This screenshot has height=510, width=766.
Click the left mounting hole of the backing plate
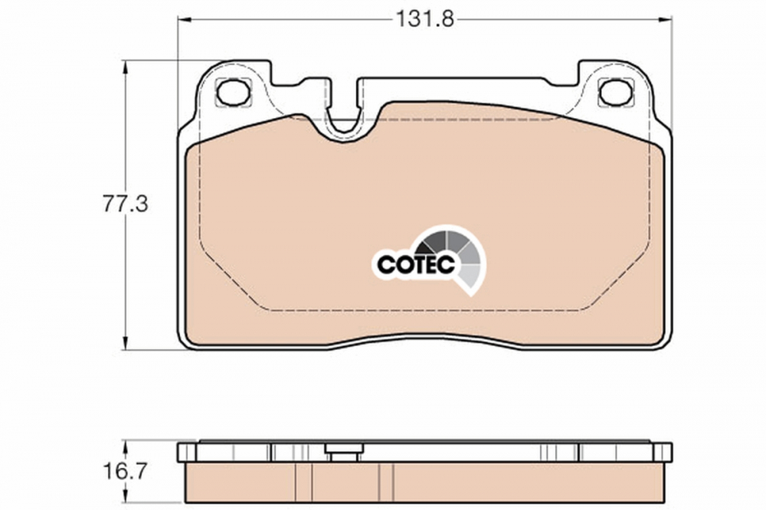[x=233, y=93]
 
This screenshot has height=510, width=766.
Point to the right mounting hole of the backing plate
[x=616, y=93]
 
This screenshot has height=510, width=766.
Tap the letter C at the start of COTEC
[x=385, y=264]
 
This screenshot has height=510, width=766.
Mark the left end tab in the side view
[x=186, y=452]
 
